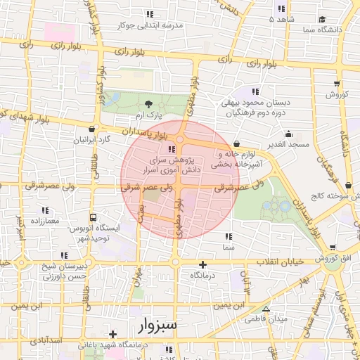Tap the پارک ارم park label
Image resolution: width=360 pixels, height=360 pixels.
point(148,115)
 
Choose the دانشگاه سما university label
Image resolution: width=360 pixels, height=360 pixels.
point(322,30)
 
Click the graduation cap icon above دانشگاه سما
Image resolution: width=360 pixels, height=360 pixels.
point(321,19)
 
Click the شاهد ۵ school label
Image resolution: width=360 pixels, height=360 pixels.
point(281,20)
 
